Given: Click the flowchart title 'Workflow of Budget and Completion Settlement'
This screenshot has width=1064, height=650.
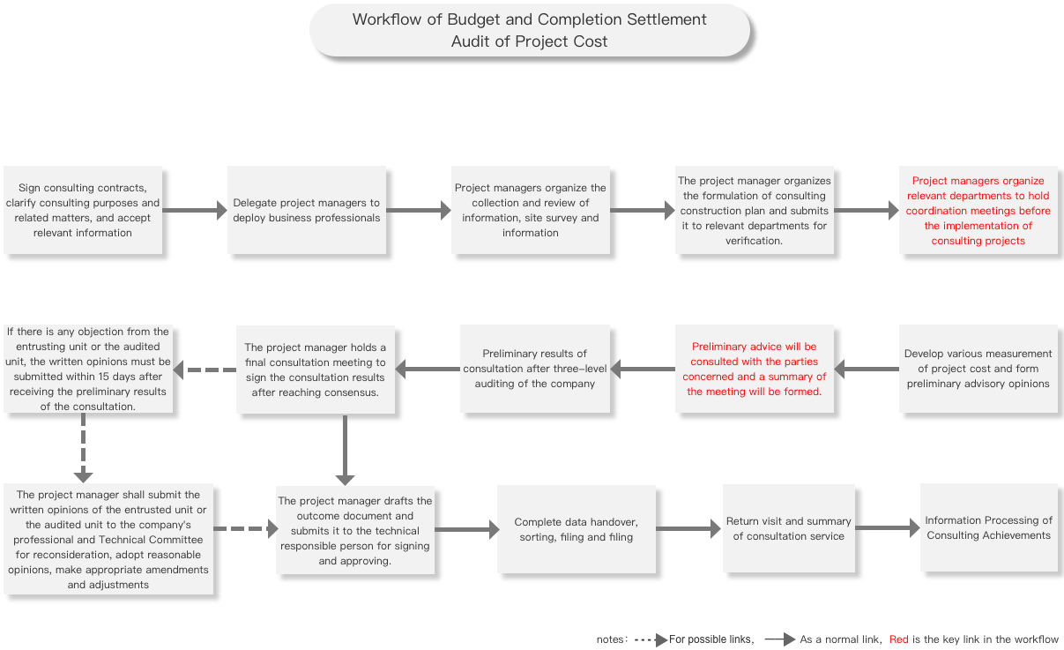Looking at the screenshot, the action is point(529,19).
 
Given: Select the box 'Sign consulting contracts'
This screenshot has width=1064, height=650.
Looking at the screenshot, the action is point(83,210).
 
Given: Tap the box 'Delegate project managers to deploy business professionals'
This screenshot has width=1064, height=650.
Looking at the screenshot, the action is point(307,210).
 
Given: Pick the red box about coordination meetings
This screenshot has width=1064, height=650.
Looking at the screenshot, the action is point(978,210).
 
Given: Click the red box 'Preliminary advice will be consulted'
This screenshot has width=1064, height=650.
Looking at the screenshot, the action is point(755,369).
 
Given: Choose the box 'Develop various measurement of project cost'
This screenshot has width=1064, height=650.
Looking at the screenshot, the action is point(978,369).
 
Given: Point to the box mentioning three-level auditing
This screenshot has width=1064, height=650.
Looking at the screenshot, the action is point(535,369).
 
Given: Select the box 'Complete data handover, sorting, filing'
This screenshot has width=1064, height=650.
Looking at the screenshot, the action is point(577,529).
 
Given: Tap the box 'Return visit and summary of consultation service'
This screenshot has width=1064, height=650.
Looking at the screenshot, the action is point(788,528).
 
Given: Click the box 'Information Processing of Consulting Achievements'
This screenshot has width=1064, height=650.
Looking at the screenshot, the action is point(988,527).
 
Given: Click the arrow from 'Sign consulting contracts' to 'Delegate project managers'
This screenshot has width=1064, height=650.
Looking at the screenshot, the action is point(195,210).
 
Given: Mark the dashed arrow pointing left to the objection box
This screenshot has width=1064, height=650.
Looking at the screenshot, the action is point(205,370).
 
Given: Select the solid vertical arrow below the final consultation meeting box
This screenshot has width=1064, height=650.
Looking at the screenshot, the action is point(345,450).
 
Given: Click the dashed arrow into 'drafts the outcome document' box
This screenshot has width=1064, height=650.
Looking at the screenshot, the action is point(246,528).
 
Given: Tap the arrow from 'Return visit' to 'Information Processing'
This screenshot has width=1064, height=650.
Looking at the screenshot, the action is point(888,527).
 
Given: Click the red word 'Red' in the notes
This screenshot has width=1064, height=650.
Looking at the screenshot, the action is point(898,639).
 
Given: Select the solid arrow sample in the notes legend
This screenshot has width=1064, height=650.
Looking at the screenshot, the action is point(780,639).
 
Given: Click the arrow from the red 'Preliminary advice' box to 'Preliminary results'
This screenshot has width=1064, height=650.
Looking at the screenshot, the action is point(643,369).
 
